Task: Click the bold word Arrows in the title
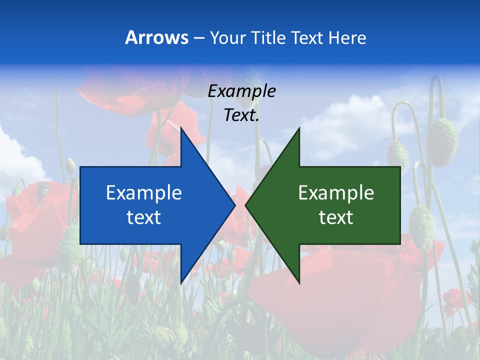tap(157, 37)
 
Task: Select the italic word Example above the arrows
tap(241, 91)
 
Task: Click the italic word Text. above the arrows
tap(241, 115)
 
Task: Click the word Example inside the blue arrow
tap(144, 192)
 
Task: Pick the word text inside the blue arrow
tap(144, 217)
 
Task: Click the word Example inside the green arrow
tap(336, 192)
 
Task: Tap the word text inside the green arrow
tap(336, 217)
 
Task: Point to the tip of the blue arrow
tap(234, 205)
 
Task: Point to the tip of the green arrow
tap(246, 205)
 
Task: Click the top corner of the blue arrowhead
tap(181, 128)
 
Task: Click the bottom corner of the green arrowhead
tap(299, 283)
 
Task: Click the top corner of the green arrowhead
tap(299, 128)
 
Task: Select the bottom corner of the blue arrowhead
tap(181, 283)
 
